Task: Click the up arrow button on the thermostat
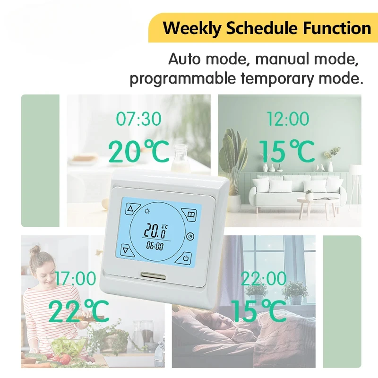[132, 209]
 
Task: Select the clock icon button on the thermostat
[190, 237]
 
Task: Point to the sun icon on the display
[147, 211]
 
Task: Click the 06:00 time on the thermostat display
[155, 246]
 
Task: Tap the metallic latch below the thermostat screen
[154, 275]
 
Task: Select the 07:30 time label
[138, 119]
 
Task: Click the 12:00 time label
[288, 119]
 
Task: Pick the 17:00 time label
[76, 279]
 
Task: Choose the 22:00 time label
[264, 279]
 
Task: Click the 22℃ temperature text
[78, 311]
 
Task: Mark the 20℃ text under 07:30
[138, 151]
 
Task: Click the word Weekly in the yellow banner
[192, 28]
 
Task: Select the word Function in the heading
[337, 28]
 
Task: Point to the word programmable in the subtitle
[183, 78]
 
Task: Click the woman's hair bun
[35, 250]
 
